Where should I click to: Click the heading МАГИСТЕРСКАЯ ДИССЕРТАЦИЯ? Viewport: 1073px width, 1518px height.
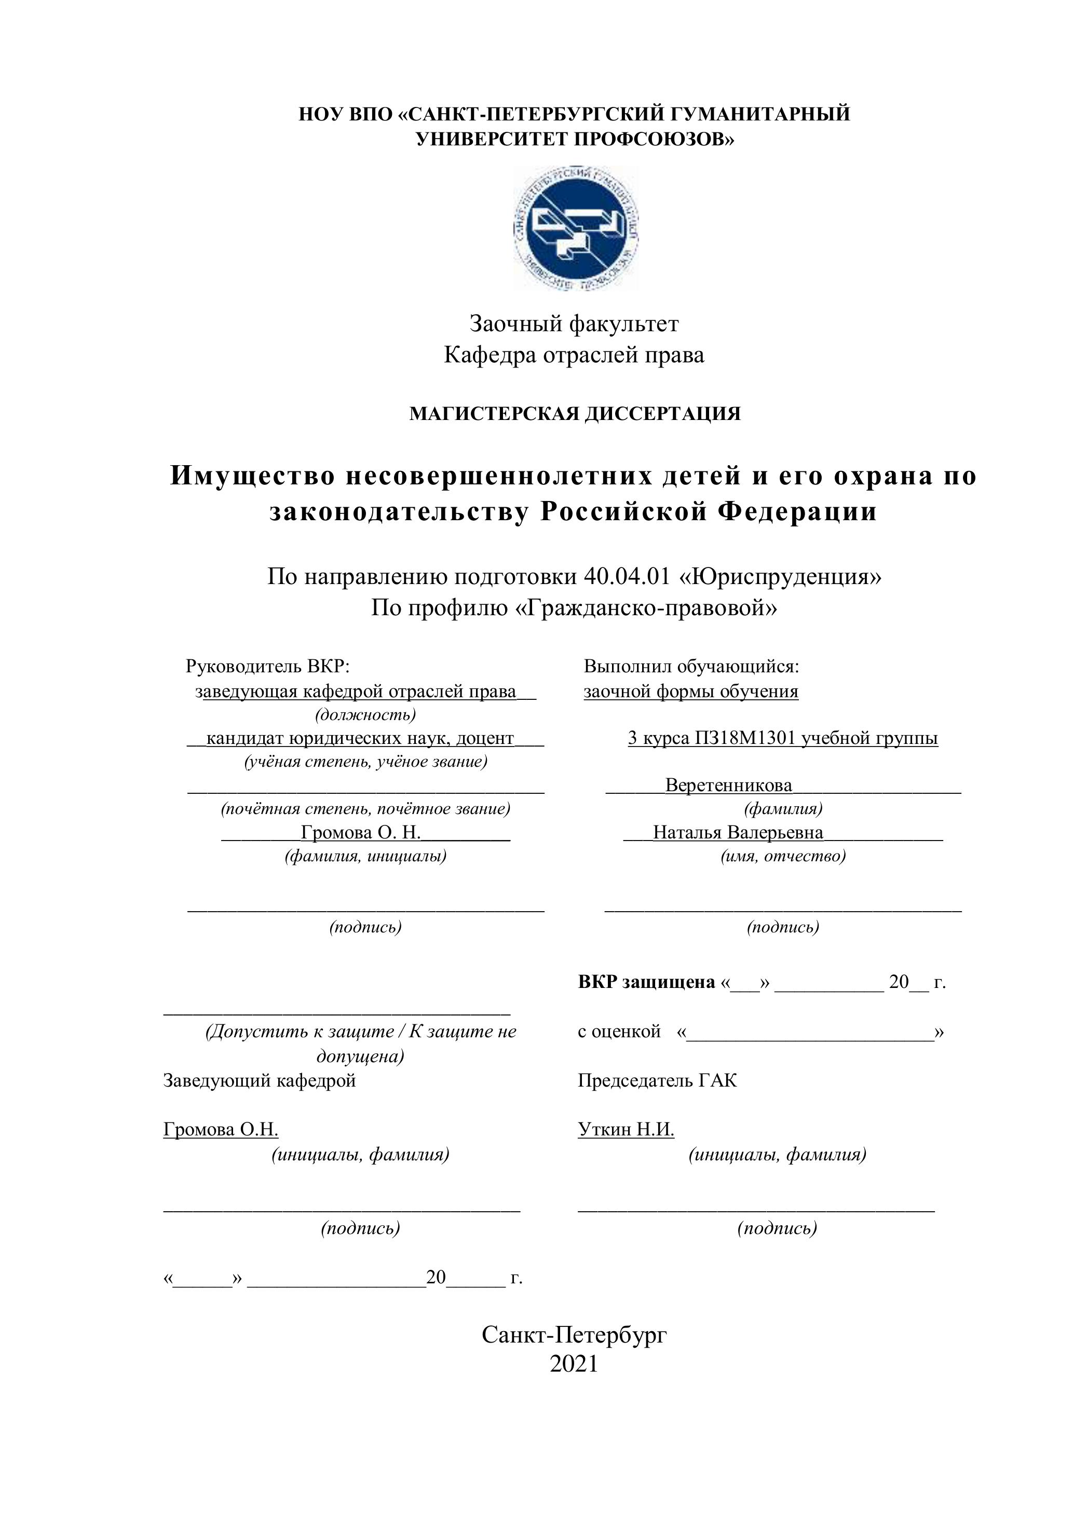575,414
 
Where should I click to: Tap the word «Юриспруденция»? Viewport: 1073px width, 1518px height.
781,577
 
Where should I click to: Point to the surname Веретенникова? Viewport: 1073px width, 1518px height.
728,785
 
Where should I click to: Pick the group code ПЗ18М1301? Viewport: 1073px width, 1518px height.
746,739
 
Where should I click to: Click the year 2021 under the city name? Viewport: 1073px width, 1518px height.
574,1363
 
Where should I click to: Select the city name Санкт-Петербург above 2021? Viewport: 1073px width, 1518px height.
574,1334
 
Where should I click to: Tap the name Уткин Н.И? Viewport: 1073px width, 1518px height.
626,1129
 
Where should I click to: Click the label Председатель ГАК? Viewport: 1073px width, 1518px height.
657,1080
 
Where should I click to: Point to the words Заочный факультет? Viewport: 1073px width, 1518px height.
574,324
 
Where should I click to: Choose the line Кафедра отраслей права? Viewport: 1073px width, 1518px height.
574,355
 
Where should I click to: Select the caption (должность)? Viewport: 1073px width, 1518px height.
365,715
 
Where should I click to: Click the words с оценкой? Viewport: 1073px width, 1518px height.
619,1032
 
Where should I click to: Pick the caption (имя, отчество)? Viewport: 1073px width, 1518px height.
783,856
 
